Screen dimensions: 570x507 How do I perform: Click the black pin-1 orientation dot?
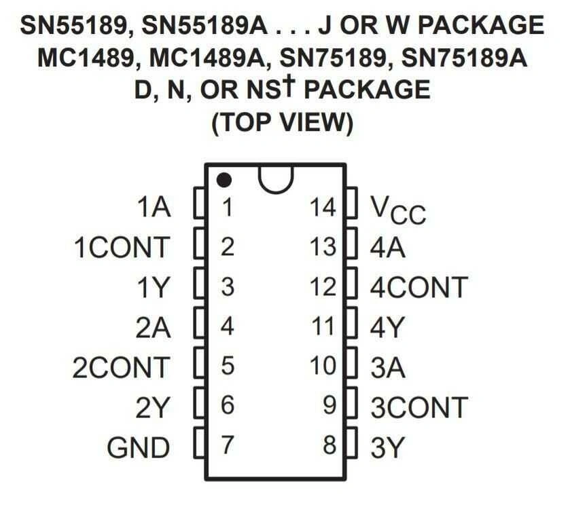click(x=224, y=180)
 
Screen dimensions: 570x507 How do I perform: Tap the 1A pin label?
click(x=154, y=208)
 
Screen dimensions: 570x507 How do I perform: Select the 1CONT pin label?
click(x=122, y=247)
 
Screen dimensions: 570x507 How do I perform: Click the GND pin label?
click(x=139, y=447)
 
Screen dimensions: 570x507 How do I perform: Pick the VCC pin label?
click(x=398, y=210)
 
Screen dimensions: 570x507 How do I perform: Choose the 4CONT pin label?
click(x=418, y=287)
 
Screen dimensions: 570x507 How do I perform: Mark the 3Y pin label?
click(x=387, y=447)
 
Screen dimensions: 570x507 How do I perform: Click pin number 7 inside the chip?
click(x=228, y=445)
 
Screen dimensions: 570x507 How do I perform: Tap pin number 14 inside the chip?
click(x=323, y=208)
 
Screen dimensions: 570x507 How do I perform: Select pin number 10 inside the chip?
click(x=323, y=365)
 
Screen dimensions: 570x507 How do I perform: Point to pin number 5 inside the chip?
click(x=228, y=365)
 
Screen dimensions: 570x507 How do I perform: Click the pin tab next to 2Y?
click(x=200, y=402)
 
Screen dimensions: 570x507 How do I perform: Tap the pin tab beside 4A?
click(x=351, y=243)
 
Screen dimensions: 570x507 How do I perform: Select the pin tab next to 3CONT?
click(x=351, y=402)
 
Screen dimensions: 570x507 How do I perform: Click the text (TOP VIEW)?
click(x=283, y=122)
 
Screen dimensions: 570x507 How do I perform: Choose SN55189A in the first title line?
click(x=204, y=25)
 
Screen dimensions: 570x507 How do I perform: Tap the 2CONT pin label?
click(x=122, y=368)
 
